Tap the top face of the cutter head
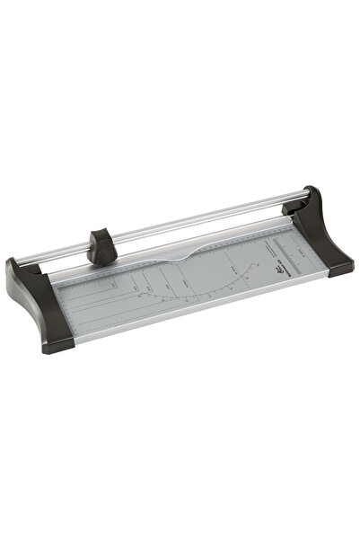[101, 234]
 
